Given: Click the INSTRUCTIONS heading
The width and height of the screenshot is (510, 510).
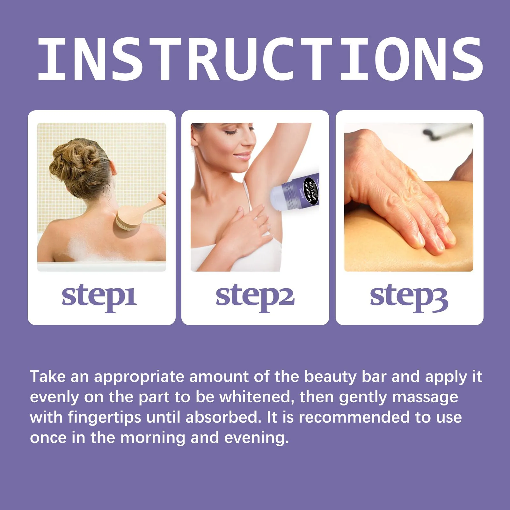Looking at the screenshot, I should pyautogui.click(x=260, y=59).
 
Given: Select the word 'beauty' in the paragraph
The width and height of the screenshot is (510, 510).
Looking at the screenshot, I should pyautogui.click(x=331, y=376).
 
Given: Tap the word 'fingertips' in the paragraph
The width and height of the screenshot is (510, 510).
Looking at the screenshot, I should pyautogui.click(x=105, y=418).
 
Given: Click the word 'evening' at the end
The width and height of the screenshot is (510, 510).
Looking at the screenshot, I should pyautogui.click(x=256, y=438).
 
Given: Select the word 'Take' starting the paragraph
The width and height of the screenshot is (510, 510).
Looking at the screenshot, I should pyautogui.click(x=48, y=376).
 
